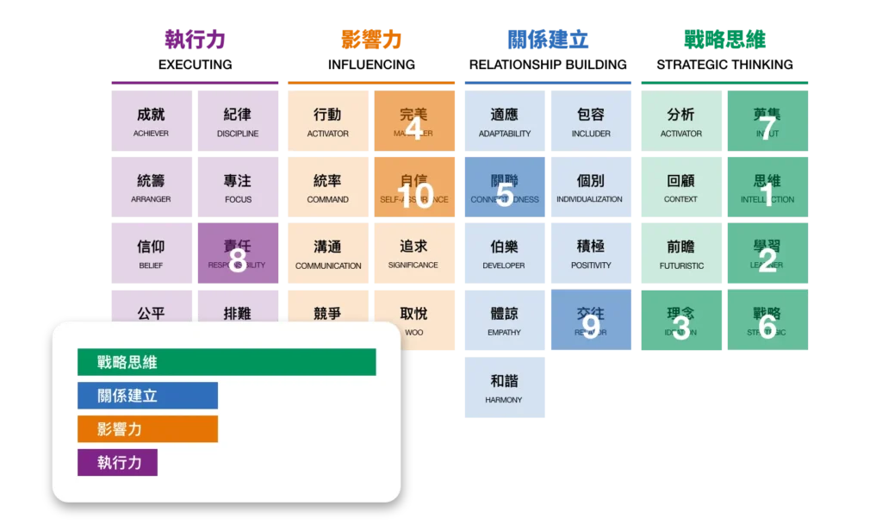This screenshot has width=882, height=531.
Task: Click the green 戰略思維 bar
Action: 227,362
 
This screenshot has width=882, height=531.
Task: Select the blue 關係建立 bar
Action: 147,396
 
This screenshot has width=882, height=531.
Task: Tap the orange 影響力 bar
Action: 147,429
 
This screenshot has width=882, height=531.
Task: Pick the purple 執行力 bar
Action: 117,462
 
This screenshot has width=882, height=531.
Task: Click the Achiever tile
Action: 151,122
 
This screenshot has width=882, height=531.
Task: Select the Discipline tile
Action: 238,122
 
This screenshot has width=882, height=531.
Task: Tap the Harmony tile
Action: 505,388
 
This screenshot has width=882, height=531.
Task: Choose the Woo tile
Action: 414,321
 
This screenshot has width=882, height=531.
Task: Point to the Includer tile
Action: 591,122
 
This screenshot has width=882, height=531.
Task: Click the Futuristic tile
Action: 681,255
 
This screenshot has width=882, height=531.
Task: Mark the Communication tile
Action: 328,255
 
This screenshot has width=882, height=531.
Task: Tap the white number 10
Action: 414,197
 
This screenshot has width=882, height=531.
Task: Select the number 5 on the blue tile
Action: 505,196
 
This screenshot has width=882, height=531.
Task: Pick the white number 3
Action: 681,328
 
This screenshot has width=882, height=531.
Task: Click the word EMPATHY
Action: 505,333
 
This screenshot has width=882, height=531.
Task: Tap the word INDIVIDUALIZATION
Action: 589,199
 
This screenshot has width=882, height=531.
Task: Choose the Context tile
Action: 681,189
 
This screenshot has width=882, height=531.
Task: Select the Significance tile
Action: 413,255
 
